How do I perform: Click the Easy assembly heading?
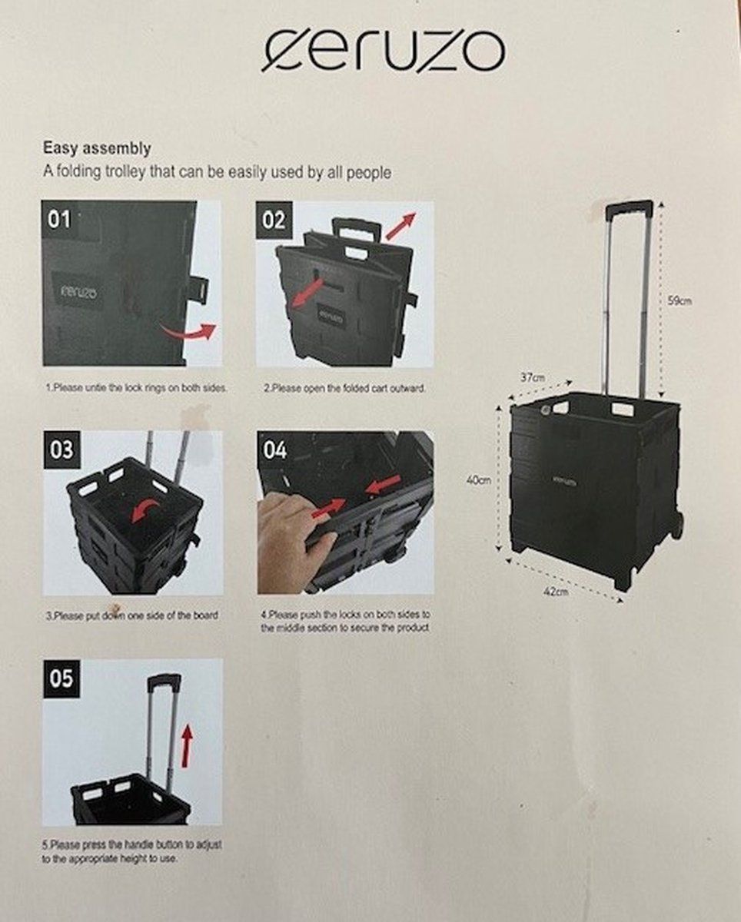click(97, 148)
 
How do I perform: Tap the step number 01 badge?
click(60, 221)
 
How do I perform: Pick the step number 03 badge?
click(61, 450)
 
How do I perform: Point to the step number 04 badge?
click(274, 450)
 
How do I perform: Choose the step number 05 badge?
click(61, 679)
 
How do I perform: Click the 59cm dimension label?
click(679, 301)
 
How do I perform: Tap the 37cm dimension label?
click(533, 377)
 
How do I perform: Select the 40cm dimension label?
click(479, 479)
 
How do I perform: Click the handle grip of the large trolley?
click(629, 207)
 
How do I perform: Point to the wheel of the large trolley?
click(676, 526)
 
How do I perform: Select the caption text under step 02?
click(344, 389)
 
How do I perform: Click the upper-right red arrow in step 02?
click(400, 226)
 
